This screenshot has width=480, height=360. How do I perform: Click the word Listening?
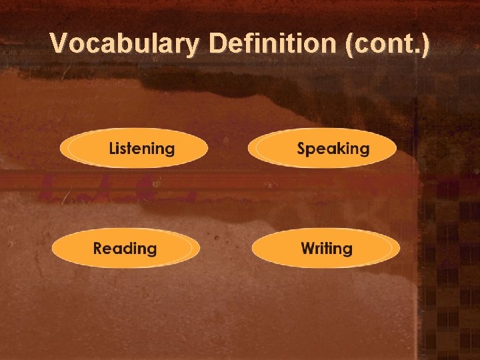pyautogui.click(x=141, y=149)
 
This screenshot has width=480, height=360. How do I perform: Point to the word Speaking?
pyautogui.click(x=333, y=149)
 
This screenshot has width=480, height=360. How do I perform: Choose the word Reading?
pyautogui.click(x=125, y=249)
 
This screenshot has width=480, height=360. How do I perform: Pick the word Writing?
pyautogui.click(x=326, y=249)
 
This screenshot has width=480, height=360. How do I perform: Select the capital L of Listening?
pyautogui.click(x=113, y=148)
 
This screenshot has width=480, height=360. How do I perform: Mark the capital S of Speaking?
pyautogui.click(x=302, y=148)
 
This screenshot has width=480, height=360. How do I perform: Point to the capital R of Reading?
pyautogui.click(x=99, y=249)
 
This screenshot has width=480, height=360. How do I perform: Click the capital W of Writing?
pyautogui.click(x=308, y=249)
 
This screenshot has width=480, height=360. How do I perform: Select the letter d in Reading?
pyautogui.click(x=133, y=249)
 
